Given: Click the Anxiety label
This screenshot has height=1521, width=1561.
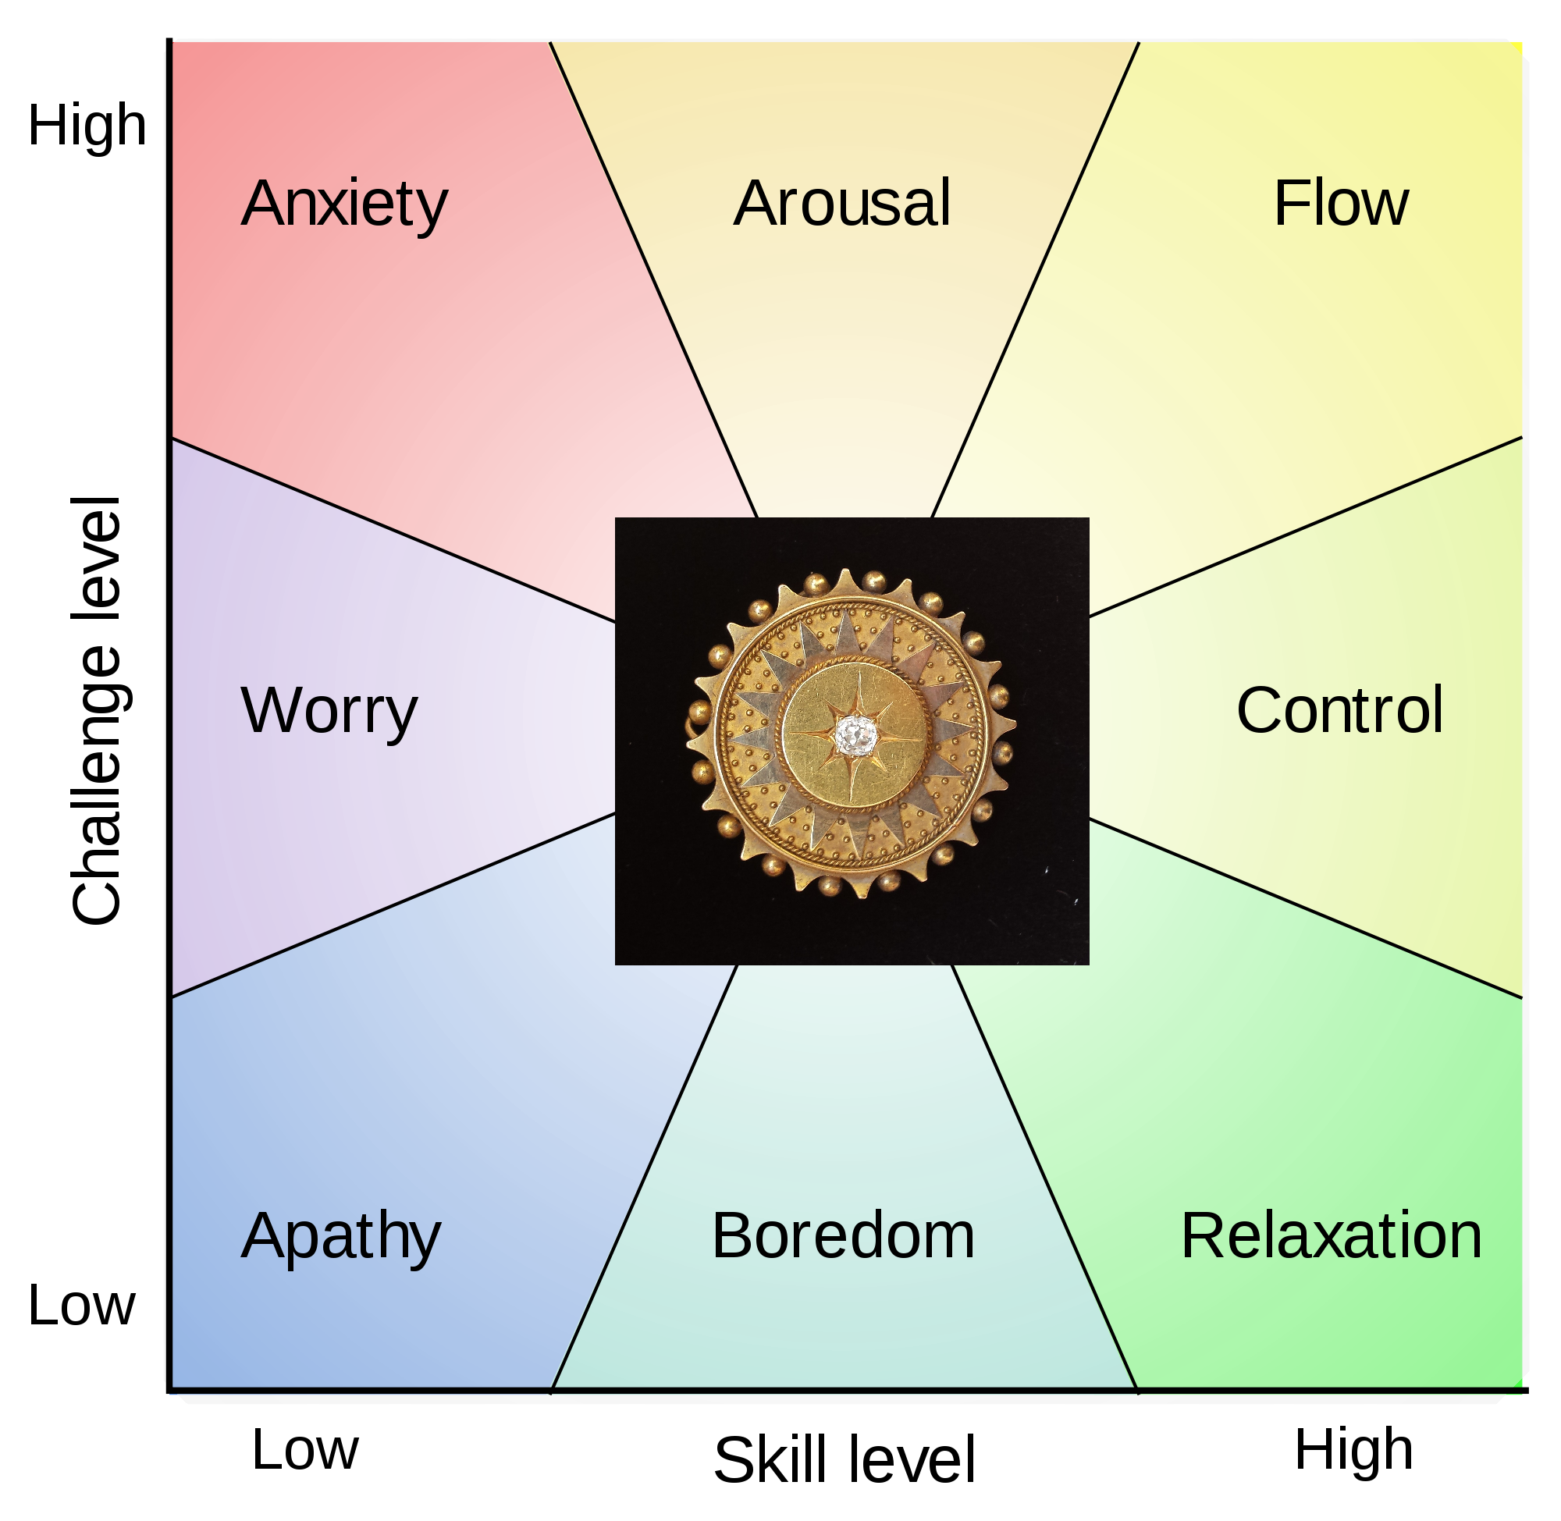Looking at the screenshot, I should click(344, 204).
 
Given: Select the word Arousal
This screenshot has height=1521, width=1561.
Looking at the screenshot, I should click(842, 204).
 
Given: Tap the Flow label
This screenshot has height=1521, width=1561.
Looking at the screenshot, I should click(1341, 204).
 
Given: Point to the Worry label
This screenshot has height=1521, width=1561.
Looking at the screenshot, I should click(329, 711).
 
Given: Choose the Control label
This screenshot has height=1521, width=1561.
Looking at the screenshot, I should click(1339, 710).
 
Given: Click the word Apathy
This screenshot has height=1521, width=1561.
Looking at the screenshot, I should click(341, 1237).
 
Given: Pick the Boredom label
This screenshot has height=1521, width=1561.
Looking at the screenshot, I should click(843, 1236).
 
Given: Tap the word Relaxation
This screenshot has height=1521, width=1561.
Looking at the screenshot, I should click(1332, 1236).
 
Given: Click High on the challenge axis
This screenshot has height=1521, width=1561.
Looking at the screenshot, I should click(87, 126).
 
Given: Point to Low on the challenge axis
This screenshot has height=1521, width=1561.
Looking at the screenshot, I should click(81, 1306).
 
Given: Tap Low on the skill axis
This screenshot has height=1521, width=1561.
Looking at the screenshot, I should click(305, 1450).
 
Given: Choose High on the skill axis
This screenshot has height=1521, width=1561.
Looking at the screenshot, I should click(1353, 1450).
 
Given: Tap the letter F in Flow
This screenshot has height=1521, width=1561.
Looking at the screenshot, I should click(1288, 204).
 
